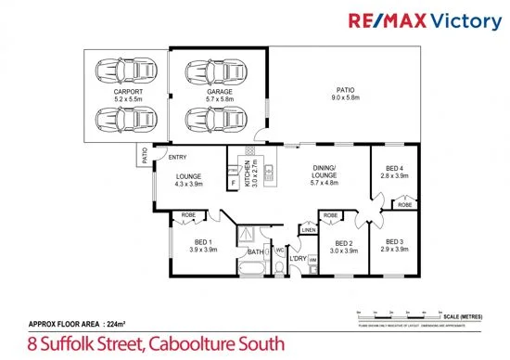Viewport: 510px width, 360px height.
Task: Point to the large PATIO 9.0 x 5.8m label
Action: pos(343,95)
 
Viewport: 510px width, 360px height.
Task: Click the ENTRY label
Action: pos(176,157)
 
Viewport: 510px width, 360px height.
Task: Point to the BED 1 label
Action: pos(202,245)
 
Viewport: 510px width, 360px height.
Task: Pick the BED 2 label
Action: pos(344,246)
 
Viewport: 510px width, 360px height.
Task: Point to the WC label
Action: pos(279,249)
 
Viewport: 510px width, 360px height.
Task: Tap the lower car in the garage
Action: pos(206,120)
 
